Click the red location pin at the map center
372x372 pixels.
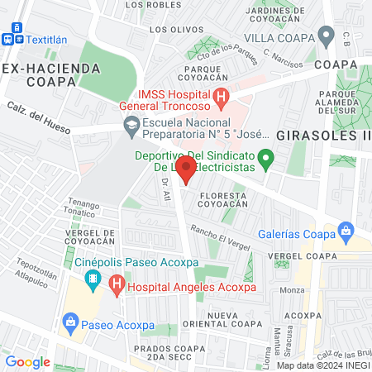tap(186, 171)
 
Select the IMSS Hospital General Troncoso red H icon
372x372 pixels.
tap(221, 98)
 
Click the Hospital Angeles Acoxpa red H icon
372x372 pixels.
tap(117, 287)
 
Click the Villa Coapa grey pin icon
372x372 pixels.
tap(327, 36)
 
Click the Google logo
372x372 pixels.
tap(27, 361)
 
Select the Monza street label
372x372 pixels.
tap(293, 290)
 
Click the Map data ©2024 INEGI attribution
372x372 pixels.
tap(322, 365)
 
